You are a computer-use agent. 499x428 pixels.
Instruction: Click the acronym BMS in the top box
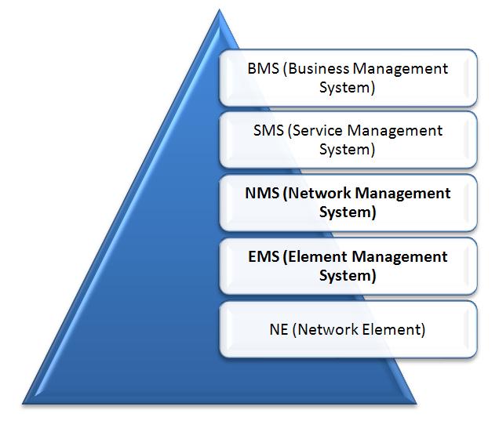click(x=263, y=68)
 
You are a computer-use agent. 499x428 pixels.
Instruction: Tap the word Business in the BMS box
click(x=321, y=68)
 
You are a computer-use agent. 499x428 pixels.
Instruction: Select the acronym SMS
click(x=267, y=131)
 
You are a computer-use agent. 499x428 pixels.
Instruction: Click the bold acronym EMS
click(x=263, y=256)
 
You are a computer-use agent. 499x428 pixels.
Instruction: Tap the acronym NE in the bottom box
click(x=279, y=329)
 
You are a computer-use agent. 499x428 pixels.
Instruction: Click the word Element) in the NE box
click(x=393, y=329)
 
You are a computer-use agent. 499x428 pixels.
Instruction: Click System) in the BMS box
click(x=347, y=88)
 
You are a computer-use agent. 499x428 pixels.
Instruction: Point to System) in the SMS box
click(x=347, y=150)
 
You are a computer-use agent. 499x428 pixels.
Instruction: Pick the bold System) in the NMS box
click(x=348, y=212)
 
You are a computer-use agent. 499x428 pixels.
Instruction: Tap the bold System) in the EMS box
click(x=348, y=276)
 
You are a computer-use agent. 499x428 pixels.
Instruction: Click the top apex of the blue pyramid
click(x=217, y=11)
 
